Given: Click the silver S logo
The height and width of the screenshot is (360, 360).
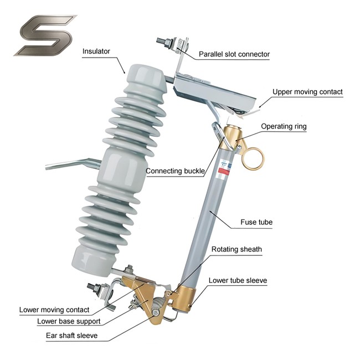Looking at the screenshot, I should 45,35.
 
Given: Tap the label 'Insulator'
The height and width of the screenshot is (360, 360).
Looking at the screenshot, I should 96,52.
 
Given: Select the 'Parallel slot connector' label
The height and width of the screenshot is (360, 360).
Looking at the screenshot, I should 234,54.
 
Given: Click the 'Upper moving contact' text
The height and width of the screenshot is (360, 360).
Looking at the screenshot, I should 307,92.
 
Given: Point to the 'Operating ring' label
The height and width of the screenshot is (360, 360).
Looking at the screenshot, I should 284,126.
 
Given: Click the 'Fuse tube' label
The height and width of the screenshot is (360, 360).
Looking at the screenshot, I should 258,222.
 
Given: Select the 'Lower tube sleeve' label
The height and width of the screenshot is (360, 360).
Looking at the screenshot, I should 238,280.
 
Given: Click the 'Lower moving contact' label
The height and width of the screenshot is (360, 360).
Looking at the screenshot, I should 54,310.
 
